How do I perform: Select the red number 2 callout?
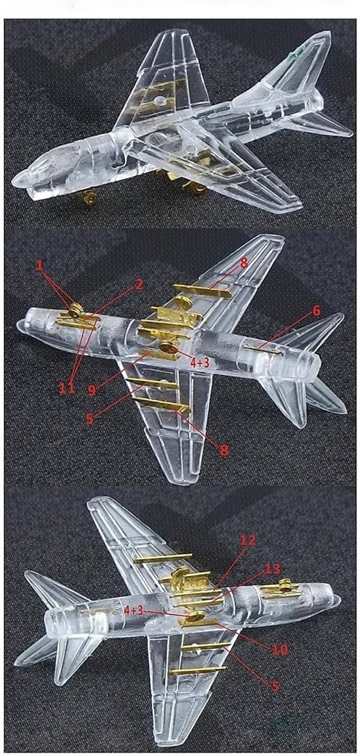(139, 285)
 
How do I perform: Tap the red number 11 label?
(68, 388)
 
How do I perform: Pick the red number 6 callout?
(316, 311)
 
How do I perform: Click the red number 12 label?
(248, 540)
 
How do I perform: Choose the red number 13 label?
(272, 569)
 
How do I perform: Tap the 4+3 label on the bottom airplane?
(134, 610)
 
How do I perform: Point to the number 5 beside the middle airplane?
(90, 418)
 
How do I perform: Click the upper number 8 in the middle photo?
(244, 263)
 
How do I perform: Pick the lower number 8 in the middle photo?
(224, 450)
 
